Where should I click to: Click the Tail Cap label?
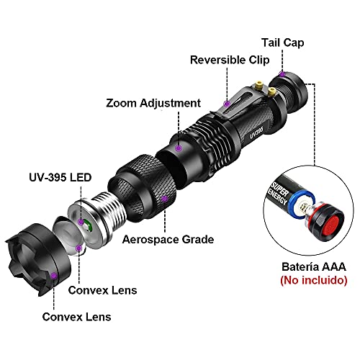pyautogui.click(x=283, y=43)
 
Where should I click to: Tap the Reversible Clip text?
pyautogui.click(x=230, y=60)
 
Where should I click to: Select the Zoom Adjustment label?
pyautogui.click(x=153, y=103)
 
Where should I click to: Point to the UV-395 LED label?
pyautogui.click(x=60, y=178)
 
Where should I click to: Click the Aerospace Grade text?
pyautogui.click(x=168, y=240)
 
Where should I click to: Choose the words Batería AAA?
pyautogui.click(x=314, y=267)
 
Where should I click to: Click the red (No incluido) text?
pyautogui.click(x=314, y=280)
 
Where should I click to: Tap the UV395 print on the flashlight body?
pyautogui.click(x=256, y=132)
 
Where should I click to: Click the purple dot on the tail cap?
pyautogui.click(x=282, y=74)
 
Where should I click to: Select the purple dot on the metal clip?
pyautogui.click(x=227, y=104)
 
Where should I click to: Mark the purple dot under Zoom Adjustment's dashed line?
pyautogui.click(x=178, y=148)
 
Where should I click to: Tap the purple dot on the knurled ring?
pyautogui.click(x=165, y=199)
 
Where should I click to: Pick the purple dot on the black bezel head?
pyautogui.click(x=54, y=276)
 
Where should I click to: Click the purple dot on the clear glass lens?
pyautogui.click(x=78, y=248)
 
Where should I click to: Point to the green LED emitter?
pyautogui.click(x=89, y=227)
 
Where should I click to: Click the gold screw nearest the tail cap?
pyautogui.click(x=271, y=91)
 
